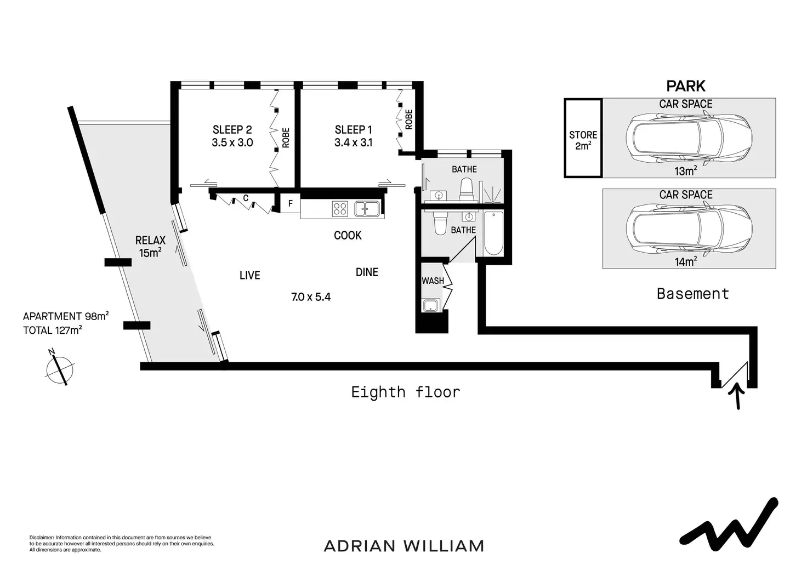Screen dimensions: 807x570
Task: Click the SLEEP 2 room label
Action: coord(232,130)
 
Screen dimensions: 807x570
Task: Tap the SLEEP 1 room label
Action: coord(353,130)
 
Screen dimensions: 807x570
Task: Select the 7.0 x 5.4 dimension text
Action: coord(311,297)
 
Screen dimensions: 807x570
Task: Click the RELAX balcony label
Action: coord(150,240)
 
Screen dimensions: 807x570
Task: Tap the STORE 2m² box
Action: coord(583,139)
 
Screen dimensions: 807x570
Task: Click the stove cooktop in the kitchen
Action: coord(340,209)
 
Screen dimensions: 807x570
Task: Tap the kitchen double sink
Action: coord(367,209)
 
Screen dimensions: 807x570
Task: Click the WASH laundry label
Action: coord(433,281)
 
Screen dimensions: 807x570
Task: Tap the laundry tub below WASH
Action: coord(429,306)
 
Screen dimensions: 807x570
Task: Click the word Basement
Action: coord(692,294)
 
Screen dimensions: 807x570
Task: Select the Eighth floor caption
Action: coord(405,392)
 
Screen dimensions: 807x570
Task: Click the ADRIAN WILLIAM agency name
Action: coord(404,546)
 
